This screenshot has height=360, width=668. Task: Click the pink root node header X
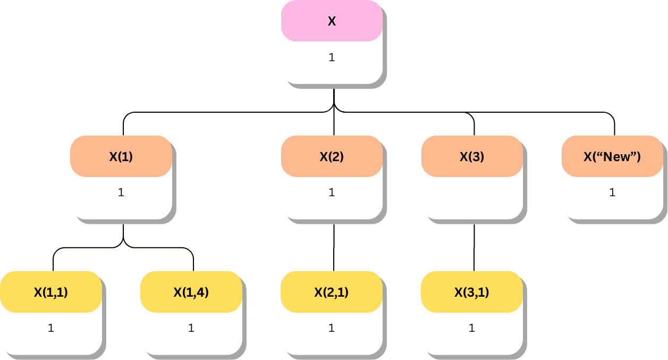click(x=332, y=21)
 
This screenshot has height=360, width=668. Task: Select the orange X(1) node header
click(x=121, y=157)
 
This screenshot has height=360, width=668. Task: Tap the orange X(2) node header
click(x=332, y=157)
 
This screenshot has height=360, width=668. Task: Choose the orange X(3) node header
click(x=472, y=157)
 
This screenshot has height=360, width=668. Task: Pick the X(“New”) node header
click(x=612, y=157)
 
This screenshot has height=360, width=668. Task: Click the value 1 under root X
click(x=332, y=57)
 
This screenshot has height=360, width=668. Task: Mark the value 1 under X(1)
click(x=121, y=192)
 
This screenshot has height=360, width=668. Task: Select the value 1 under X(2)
click(x=332, y=192)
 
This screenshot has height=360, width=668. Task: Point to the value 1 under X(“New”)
click(x=612, y=192)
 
